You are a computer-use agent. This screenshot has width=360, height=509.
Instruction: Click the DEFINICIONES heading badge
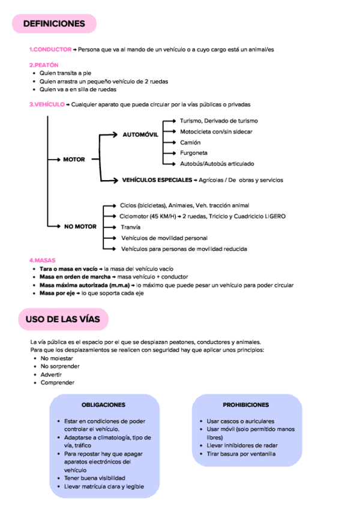(x=54, y=24)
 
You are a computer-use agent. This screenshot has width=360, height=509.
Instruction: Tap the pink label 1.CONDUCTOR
(x=50, y=49)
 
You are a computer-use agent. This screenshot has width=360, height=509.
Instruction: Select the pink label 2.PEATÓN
(x=43, y=64)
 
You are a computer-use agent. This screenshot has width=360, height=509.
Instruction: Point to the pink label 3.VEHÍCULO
(x=47, y=104)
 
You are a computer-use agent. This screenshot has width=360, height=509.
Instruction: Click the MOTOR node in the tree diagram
(x=74, y=159)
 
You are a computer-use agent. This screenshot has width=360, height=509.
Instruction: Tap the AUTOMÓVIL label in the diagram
(x=140, y=134)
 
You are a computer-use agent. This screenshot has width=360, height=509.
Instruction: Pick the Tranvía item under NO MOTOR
(x=130, y=227)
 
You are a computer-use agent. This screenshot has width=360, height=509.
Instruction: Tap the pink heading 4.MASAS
(x=42, y=261)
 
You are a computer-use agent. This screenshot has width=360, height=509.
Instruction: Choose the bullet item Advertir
(x=51, y=374)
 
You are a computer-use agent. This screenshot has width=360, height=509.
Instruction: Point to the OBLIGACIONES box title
(x=103, y=405)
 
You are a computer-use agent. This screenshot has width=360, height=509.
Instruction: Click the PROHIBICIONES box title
(x=245, y=405)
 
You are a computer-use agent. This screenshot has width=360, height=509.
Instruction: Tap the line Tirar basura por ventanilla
(x=241, y=454)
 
